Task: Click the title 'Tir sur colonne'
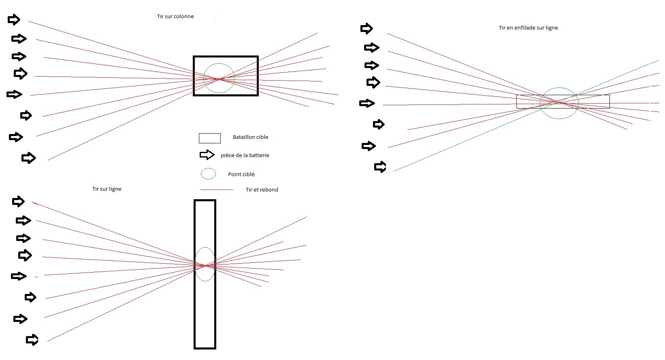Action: click(x=175, y=17)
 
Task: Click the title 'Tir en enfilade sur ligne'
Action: click(x=528, y=28)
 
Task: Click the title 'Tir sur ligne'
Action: click(x=107, y=189)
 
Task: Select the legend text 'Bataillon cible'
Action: click(x=250, y=137)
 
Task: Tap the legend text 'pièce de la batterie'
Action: click(x=245, y=156)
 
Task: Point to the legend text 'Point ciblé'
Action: click(x=241, y=175)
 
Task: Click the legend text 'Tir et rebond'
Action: click(x=262, y=190)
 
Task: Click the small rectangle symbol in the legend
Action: click(x=209, y=138)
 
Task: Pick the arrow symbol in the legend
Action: click(x=207, y=155)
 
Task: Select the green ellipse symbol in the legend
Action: click(x=208, y=174)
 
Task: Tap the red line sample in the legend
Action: click(x=216, y=190)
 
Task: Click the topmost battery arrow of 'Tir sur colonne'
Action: click(x=14, y=19)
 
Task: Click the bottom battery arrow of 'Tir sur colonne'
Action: click(x=28, y=158)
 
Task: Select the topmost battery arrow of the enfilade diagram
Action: click(x=366, y=28)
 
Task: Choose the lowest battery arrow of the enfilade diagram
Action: click(x=380, y=167)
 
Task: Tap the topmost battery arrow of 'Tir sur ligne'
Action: click(x=18, y=201)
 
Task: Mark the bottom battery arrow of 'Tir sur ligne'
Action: click(x=32, y=339)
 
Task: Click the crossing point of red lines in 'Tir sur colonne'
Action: click(x=219, y=79)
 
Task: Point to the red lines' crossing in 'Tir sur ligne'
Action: click(x=205, y=266)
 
